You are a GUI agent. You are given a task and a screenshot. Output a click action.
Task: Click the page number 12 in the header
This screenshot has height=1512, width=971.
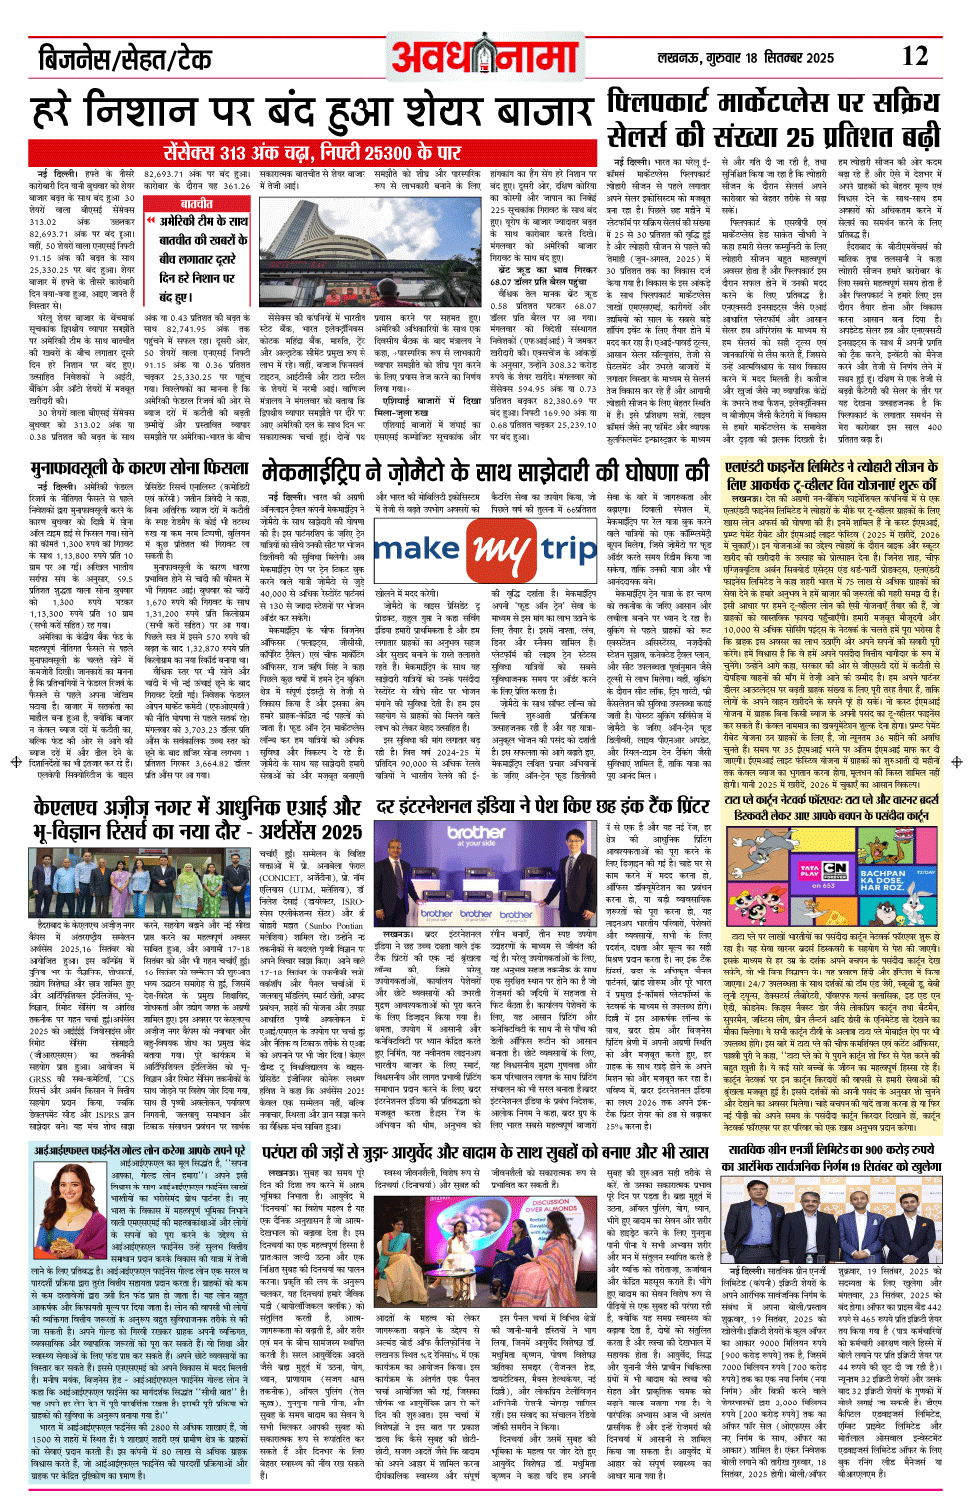point(913,57)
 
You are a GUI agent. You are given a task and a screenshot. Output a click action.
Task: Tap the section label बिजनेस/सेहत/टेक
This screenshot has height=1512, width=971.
point(123,60)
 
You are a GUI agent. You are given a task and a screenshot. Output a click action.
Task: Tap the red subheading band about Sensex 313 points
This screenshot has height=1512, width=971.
point(315,153)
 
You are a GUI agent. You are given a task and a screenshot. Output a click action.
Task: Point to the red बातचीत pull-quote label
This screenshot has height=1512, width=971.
point(196,203)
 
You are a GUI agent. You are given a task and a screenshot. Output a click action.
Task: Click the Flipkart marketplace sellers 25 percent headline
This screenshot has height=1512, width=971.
point(773,118)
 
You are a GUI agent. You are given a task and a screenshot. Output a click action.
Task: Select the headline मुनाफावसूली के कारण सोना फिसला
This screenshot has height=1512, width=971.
point(139,468)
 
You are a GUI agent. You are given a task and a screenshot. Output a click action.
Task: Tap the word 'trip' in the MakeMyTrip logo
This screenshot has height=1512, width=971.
point(569,549)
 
